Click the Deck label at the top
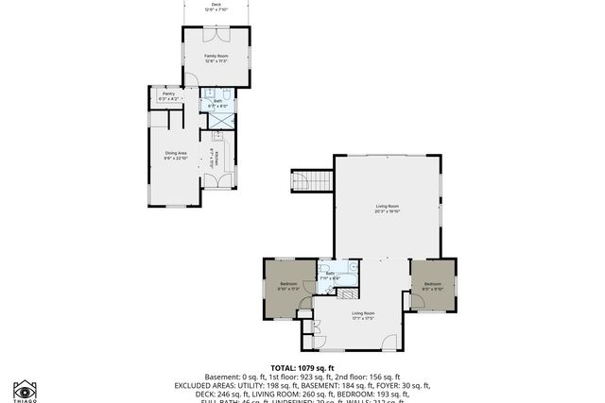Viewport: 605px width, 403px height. (216, 6)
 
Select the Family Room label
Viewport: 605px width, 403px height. (216, 59)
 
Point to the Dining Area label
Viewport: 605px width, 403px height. (176, 155)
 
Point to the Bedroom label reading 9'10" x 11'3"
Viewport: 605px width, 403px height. (288, 286)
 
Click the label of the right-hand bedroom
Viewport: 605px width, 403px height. (433, 286)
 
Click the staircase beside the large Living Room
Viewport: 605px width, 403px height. (312, 180)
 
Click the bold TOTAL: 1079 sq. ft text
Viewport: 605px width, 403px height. (302, 368)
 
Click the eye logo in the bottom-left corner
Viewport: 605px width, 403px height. (24, 391)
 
